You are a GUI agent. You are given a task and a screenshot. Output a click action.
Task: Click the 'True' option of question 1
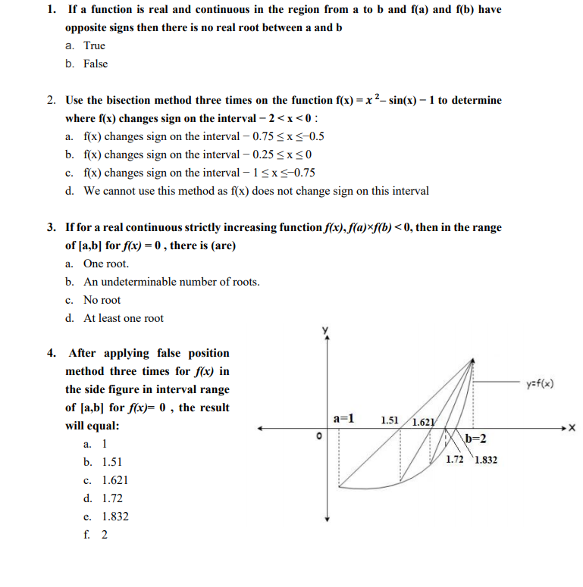pyautogui.click(x=94, y=45)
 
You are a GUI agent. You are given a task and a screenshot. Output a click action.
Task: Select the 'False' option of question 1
pyautogui.click(x=95, y=64)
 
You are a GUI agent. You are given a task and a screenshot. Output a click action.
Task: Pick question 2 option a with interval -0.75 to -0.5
pyautogui.click(x=203, y=136)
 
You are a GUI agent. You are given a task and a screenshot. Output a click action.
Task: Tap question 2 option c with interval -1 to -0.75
pyautogui.click(x=199, y=173)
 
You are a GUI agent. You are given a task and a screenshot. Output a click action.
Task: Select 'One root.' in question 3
pyautogui.click(x=105, y=264)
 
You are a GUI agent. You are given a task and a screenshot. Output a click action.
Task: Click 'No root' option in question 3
pyautogui.click(x=102, y=300)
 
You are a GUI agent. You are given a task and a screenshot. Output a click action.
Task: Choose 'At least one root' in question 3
pyautogui.click(x=123, y=318)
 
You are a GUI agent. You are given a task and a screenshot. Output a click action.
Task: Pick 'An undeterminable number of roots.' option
pyautogui.click(x=171, y=282)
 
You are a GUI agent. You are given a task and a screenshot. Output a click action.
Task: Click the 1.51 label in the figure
pyautogui.click(x=390, y=420)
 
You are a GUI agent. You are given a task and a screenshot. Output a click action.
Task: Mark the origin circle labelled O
pyautogui.click(x=319, y=436)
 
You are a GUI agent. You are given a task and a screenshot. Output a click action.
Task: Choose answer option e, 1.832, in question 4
pyautogui.click(x=114, y=517)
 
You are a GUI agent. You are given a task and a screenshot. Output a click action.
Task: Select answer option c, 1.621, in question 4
pyautogui.click(x=114, y=480)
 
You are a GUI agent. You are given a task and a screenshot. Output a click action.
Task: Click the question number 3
pyautogui.click(x=50, y=227)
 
